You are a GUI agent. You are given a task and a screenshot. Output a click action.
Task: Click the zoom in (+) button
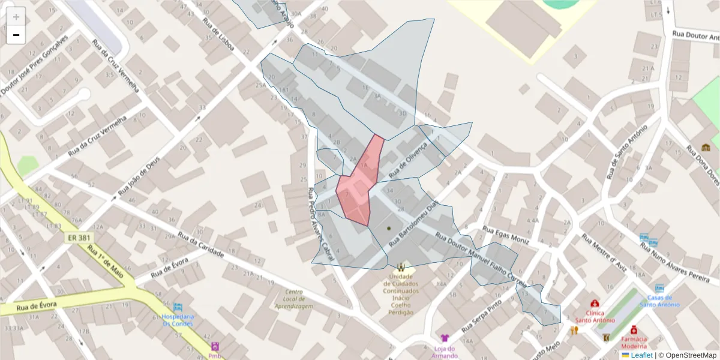tap(16, 17)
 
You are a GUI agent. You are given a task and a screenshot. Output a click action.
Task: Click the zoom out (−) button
tap(16, 35)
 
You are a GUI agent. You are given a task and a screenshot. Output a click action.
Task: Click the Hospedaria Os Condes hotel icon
tap(178, 308)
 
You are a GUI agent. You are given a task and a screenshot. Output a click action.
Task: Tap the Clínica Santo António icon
tap(594, 304)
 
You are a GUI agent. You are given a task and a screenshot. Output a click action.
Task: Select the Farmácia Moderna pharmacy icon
tap(634, 329)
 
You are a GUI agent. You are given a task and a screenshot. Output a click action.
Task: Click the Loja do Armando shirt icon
tap(444, 338)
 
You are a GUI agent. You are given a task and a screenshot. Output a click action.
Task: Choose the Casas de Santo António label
tap(659, 301)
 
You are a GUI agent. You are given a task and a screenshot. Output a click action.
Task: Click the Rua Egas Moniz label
tap(506, 235)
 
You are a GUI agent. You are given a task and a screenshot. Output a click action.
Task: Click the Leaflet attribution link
tap(641, 355)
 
